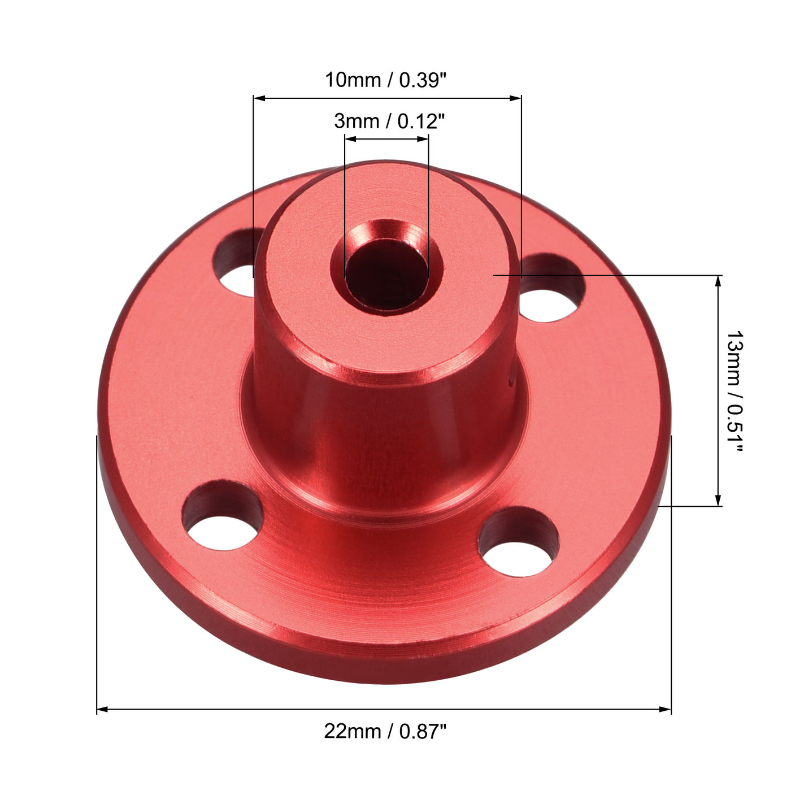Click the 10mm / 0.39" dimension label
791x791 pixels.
tap(385, 80)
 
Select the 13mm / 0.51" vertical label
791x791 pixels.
tap(734, 392)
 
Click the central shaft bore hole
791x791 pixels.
tap(387, 274)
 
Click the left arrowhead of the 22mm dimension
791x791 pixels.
tap(102, 709)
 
